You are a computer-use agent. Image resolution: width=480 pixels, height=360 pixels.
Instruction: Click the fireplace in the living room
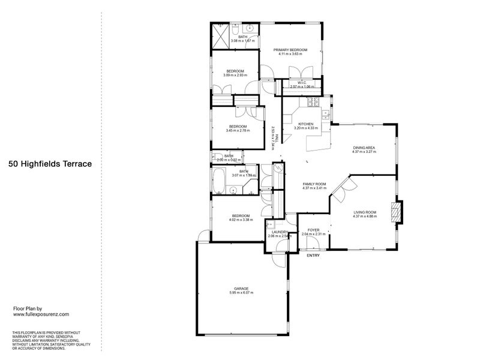[x=397, y=212]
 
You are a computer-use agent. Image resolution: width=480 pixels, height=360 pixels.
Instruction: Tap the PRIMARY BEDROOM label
[x=290, y=49]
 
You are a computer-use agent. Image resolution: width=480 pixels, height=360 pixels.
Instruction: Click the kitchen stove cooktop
[x=313, y=103]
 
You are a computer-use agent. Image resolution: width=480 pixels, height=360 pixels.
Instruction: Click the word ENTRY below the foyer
[x=313, y=256]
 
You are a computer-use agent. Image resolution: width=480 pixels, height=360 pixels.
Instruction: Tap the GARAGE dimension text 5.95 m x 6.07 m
[x=241, y=292]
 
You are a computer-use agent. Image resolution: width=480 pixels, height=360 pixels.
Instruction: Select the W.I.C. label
[x=302, y=83]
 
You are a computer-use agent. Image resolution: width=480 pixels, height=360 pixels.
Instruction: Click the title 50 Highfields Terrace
[x=50, y=163]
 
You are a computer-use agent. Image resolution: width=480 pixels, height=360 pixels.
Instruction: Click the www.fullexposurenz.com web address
[x=41, y=314]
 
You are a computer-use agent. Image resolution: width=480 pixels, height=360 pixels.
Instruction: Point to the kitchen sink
[x=326, y=114]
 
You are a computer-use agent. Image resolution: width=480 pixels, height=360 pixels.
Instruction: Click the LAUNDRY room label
[x=280, y=232]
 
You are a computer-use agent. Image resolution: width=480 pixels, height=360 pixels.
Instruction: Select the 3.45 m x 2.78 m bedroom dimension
[x=238, y=130]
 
